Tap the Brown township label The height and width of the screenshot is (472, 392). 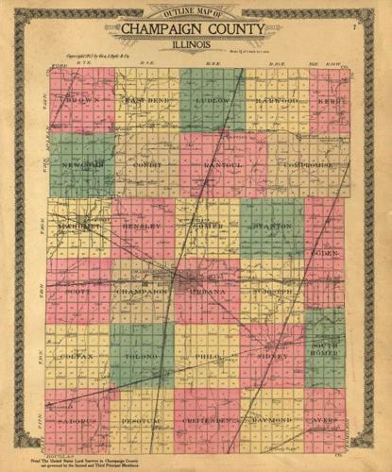click(80, 99)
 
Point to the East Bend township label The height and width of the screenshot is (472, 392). click(146, 99)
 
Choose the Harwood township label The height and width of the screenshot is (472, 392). click(273, 99)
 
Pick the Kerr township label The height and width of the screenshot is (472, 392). click(327, 99)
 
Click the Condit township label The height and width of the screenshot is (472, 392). click(146, 164)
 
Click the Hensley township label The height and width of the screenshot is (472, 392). click(143, 228)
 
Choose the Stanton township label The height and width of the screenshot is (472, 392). click(273, 228)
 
